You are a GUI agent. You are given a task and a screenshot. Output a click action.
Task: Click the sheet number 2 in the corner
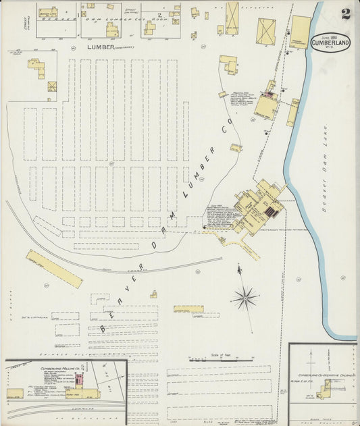345,13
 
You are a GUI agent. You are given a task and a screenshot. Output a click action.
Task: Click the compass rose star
245,296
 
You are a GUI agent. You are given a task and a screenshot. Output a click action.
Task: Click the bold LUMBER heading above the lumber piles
102,48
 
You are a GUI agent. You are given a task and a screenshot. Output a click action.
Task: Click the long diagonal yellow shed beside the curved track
54,268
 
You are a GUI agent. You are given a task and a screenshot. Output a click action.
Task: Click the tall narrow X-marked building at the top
232,18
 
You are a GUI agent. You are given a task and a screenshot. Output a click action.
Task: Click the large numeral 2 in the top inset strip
159,13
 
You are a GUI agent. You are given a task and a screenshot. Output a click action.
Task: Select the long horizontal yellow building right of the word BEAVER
188,309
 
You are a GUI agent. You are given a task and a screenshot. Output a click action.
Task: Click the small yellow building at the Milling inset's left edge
14,393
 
